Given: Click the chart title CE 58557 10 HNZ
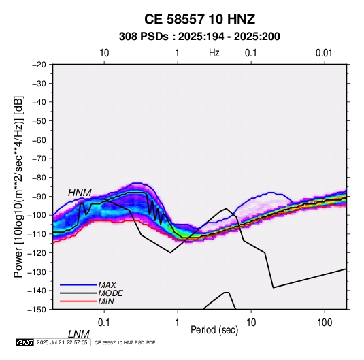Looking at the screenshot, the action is tap(199, 19).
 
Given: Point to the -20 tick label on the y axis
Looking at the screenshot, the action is tap(39, 65).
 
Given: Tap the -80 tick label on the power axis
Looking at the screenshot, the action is tap(39, 178).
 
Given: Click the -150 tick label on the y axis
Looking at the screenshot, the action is tap(37, 310).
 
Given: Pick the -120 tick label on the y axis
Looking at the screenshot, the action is tap(37, 252).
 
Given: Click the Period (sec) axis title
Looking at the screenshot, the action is tap(214, 330).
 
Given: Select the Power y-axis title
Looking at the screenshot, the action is tap(18, 187).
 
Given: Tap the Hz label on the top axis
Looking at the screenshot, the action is tap(214, 53).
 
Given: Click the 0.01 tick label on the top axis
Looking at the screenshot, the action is tap(324, 53).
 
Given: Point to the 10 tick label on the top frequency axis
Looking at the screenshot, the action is tap(104, 53).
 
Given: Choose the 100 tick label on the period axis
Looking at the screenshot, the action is tap(325, 323).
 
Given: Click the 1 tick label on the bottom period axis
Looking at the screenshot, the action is tap(178, 323).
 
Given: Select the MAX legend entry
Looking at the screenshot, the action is tap(107, 284).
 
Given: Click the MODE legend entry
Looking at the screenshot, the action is tap(110, 293).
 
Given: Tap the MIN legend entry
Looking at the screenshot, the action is tap(106, 301).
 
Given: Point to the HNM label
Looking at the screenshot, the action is tap(80, 193).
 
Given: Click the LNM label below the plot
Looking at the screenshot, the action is tap(79, 334).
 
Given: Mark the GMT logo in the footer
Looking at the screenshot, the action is tap(24, 342).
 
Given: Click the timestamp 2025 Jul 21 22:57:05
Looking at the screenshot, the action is tap(62, 342).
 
